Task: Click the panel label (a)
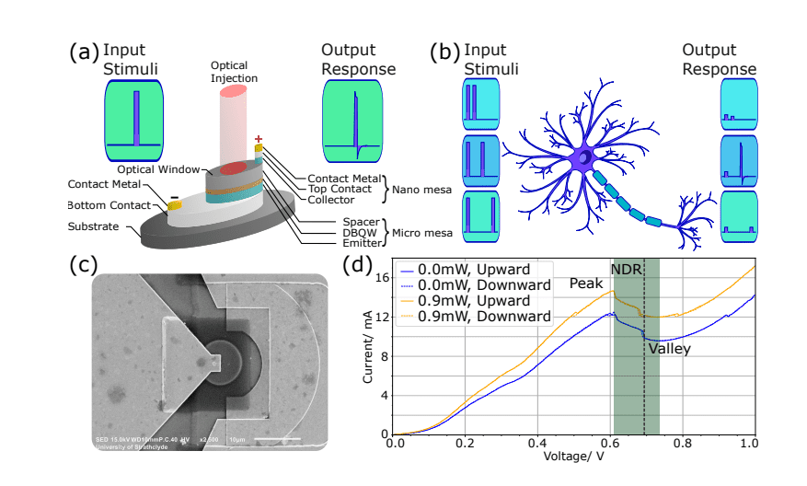click(84, 52)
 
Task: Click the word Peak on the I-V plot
click(585, 283)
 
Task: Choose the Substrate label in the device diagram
click(93, 226)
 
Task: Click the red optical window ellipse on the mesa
click(231, 168)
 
